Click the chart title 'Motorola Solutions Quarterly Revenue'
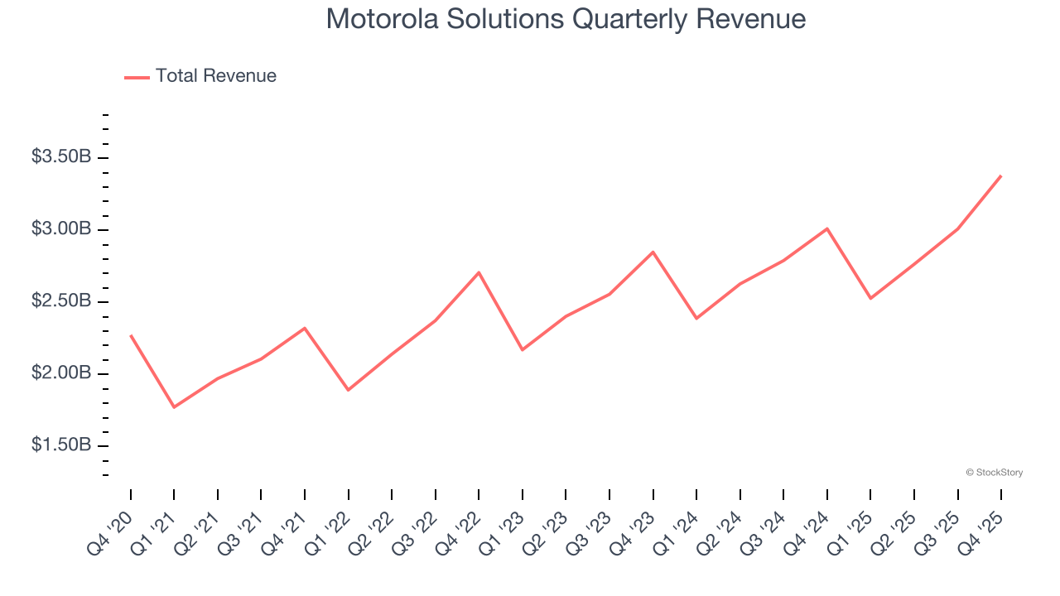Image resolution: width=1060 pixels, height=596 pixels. pos(566,19)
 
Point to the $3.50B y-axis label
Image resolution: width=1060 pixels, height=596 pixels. pos(61,156)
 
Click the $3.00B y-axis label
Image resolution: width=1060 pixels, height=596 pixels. pos(61,228)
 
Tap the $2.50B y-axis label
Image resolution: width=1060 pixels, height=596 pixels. pos(61,300)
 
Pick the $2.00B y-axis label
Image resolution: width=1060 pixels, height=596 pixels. pos(61,373)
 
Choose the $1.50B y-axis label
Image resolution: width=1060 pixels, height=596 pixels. pos(61,445)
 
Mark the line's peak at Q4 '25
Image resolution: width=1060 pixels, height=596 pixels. pos(1000,175)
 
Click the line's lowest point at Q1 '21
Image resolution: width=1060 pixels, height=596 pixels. pos(174,407)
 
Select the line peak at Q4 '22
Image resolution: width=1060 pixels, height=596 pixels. pos(479,272)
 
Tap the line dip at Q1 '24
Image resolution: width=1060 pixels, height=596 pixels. pos(696,318)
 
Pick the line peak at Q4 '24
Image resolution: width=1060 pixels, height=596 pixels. pos(826,228)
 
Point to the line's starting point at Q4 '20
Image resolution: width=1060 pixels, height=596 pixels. pos(131,335)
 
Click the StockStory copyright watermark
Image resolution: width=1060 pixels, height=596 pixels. pos(994,473)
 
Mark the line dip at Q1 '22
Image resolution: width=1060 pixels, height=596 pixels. pos(349,390)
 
